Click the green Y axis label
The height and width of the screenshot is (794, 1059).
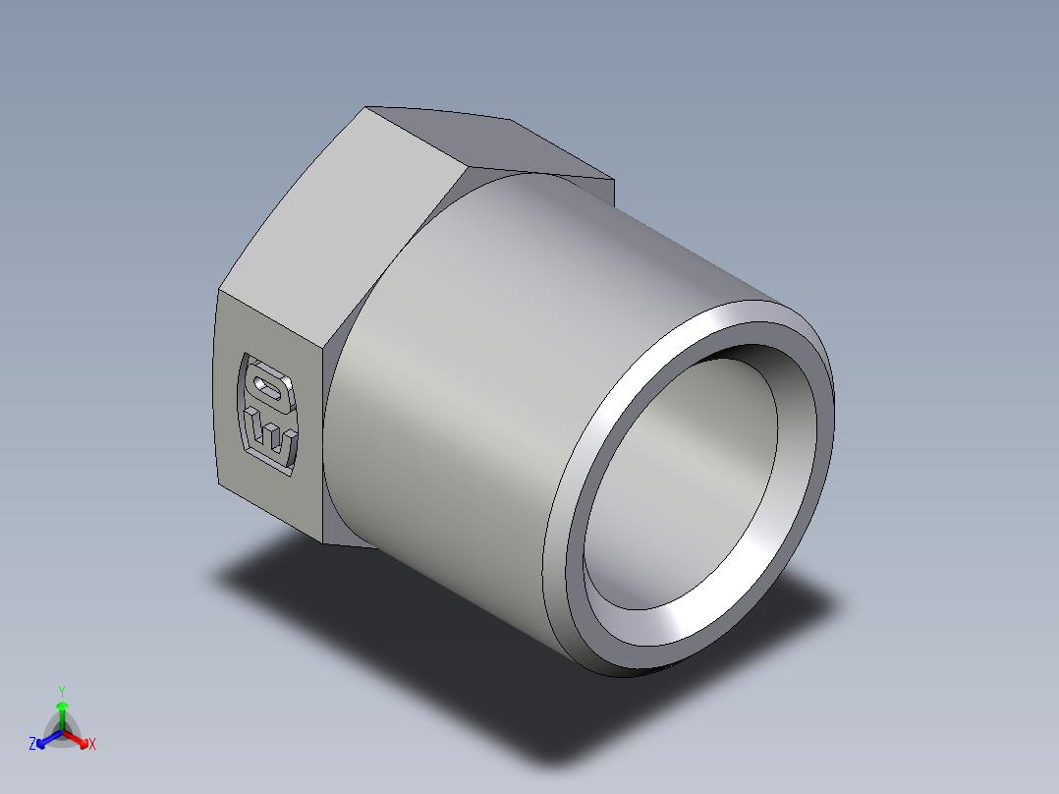click(61, 690)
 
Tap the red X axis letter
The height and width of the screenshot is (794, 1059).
click(92, 745)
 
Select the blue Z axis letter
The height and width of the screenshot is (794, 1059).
click(32, 745)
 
